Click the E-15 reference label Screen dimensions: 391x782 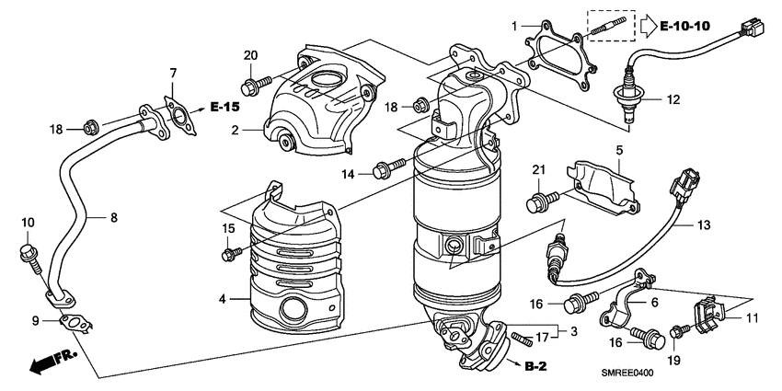coord(225,107)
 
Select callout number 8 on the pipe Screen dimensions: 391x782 coord(113,218)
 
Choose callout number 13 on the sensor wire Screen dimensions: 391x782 coord(703,224)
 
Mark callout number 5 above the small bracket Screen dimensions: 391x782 coord(619,149)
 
